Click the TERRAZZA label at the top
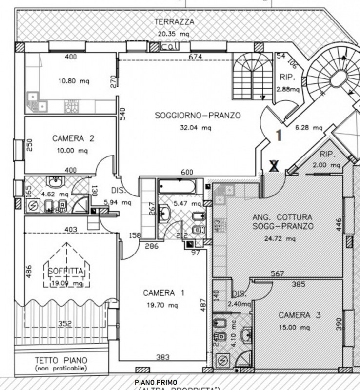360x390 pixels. click(x=174, y=21)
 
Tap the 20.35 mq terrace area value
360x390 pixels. click(x=173, y=34)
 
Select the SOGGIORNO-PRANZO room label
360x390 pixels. click(x=198, y=116)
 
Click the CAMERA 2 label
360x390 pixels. click(x=73, y=138)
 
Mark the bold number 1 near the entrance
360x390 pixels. click(x=279, y=135)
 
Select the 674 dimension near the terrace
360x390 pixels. click(x=195, y=58)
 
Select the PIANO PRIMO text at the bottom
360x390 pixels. click(x=156, y=382)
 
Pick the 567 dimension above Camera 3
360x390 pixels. click(x=278, y=274)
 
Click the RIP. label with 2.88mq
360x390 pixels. click(x=285, y=77)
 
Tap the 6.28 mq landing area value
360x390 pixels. click(x=309, y=128)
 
